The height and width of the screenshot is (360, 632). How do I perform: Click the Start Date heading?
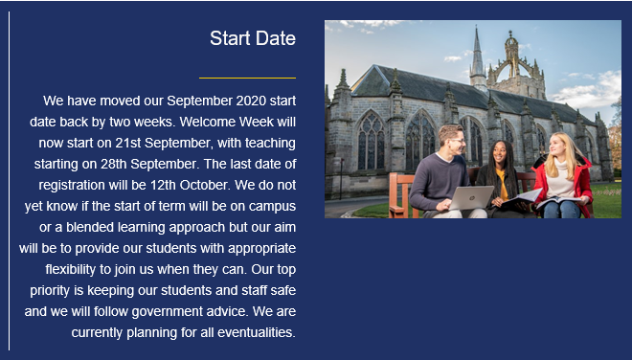[x=253, y=38]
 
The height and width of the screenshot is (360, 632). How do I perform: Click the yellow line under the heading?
[x=247, y=78]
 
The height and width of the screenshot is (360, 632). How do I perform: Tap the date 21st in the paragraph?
[x=128, y=143]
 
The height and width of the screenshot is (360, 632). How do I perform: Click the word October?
[x=204, y=185]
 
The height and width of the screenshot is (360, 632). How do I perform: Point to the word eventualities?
[x=257, y=332]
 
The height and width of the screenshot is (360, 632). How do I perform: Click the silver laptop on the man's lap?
[x=471, y=197]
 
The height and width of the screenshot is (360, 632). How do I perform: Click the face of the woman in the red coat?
[x=558, y=146]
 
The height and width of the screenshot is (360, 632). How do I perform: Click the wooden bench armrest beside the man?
[x=399, y=193]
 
